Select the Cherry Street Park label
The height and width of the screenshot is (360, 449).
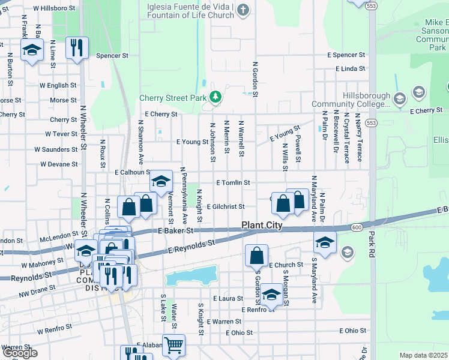(173, 97)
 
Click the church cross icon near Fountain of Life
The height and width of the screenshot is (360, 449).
(243, 9)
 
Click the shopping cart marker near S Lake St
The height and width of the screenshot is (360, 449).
(173, 345)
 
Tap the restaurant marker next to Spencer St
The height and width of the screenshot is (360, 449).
(77, 48)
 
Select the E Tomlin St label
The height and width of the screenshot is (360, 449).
(232, 182)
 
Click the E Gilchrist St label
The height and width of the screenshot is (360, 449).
(225, 206)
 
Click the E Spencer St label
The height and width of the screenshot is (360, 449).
(346, 55)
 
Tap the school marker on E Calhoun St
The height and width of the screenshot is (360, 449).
(161, 181)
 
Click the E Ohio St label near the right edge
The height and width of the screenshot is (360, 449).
(352, 331)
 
